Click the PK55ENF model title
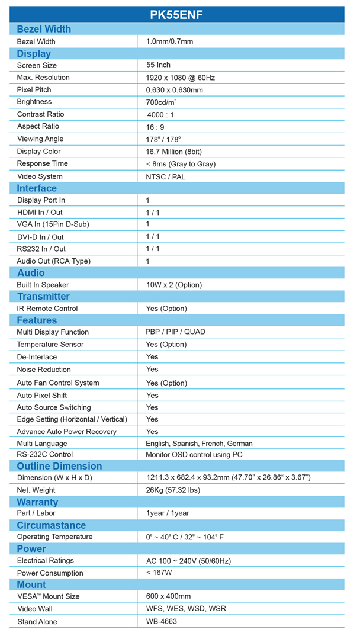tap(176, 15)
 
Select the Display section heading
tap(34, 53)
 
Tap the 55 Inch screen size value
tap(158, 65)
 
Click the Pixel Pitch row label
tap(34, 90)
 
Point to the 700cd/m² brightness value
tap(161, 102)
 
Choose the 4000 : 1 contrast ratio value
tap(160, 114)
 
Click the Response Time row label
tap(42, 163)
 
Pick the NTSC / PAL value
tap(166, 176)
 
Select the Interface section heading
tap(37, 188)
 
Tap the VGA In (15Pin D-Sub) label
tap(53, 224)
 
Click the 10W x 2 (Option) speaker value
tap(174, 285)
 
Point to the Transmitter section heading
tap(43, 297)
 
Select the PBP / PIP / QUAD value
tap(175, 332)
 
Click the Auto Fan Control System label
tap(58, 383)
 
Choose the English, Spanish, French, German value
tap(199, 444)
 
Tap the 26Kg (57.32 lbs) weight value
tap(172, 490)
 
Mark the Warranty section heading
tap(37, 502)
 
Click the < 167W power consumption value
tap(159, 573)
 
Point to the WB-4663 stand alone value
tap(162, 622)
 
